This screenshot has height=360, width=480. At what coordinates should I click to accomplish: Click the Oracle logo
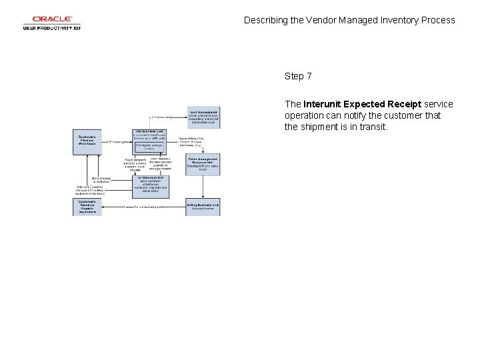pos(51,19)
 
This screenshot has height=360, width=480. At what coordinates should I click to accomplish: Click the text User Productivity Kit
pos(51,28)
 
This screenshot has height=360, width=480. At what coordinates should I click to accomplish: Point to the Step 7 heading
pos(298,76)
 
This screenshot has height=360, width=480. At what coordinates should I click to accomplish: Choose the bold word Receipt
pos(405,104)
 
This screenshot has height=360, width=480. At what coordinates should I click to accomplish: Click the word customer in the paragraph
pos(390,115)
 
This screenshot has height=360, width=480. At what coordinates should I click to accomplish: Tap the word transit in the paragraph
pos(371,127)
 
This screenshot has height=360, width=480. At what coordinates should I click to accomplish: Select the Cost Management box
pos(203,117)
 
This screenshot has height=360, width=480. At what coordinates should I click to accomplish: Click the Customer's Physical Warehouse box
pos(87,142)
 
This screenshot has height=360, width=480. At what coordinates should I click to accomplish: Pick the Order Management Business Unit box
pos(203,163)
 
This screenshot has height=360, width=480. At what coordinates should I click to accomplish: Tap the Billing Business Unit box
pos(203,207)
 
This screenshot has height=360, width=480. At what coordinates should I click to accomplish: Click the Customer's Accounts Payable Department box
pos(87,207)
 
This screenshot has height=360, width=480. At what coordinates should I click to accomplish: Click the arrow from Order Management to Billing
pos(203,186)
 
